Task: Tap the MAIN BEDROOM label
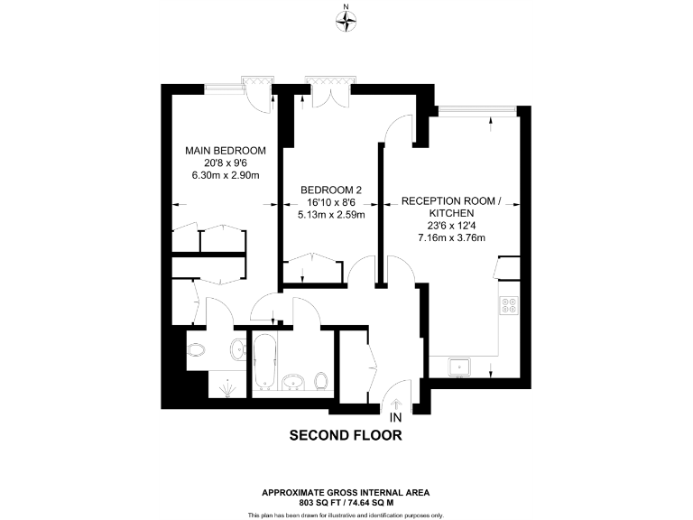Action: click(x=225, y=150)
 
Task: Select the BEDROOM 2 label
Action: click(x=331, y=190)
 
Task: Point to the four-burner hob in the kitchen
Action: click(x=509, y=305)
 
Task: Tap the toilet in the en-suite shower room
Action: click(x=197, y=348)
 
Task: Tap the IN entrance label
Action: click(x=394, y=418)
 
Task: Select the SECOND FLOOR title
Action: click(x=346, y=435)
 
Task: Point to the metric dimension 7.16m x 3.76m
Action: click(x=451, y=238)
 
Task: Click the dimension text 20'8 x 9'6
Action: click(x=225, y=162)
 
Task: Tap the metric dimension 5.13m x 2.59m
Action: click(x=331, y=215)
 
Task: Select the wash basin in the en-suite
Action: click(x=236, y=349)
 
